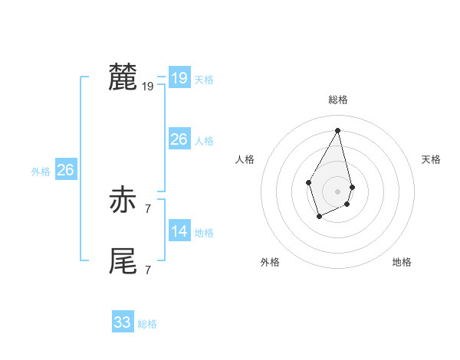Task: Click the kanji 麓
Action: point(123,78)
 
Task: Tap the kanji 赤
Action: point(123,201)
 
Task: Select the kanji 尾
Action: point(123,261)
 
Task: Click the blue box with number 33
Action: point(123,322)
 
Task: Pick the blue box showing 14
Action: point(179,231)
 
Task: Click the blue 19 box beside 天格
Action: point(179,78)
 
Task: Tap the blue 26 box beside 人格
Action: point(179,139)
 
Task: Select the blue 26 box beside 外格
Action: point(66,170)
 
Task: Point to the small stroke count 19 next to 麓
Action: point(148,87)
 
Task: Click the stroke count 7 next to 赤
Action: point(148,208)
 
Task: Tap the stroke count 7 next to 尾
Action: point(148,270)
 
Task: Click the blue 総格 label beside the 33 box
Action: point(147,324)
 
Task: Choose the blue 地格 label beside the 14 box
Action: point(204,233)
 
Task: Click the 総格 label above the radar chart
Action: point(338,100)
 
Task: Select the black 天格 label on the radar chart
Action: point(431,159)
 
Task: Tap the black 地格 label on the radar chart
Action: point(402,263)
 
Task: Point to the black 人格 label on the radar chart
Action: point(245,159)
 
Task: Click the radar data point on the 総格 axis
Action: point(338,130)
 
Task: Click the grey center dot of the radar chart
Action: point(338,191)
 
